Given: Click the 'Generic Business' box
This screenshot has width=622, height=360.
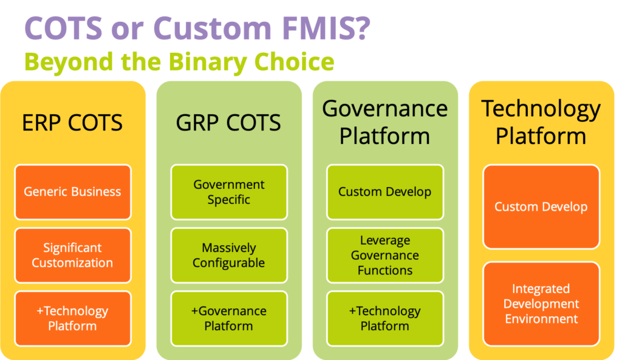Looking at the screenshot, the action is click(73, 192).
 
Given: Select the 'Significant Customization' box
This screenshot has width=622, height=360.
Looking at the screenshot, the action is click(73, 256).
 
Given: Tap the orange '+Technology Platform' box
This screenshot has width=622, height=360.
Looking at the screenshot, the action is click(73, 318).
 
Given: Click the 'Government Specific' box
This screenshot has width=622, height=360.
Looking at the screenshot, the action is click(229, 192).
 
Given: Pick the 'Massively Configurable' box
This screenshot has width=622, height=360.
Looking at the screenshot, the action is click(229, 256).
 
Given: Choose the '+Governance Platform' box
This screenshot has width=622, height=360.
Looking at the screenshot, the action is click(229, 318).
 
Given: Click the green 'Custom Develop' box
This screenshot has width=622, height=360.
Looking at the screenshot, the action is click(384, 192).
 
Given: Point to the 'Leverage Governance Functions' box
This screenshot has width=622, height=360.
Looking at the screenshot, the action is click(384, 256).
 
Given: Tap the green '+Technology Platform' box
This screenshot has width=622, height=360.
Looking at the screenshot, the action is click(384, 318).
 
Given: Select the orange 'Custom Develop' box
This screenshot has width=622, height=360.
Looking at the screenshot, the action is click(541, 207).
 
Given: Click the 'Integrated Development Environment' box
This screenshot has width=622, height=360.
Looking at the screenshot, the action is click(541, 304).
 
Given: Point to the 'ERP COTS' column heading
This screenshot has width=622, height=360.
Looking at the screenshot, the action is click(72, 123).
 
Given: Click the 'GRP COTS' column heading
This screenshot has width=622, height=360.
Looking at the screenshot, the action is click(228, 123).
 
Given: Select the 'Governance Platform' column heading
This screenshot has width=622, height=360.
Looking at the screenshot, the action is click(384, 122).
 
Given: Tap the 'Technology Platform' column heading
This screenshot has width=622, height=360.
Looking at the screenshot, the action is click(541, 122).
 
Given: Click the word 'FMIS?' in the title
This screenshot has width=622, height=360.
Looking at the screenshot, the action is click(326, 28).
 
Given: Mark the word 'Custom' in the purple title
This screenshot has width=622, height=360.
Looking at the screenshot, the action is click(212, 28).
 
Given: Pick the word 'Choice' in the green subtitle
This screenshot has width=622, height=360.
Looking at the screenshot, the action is click(295, 61).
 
